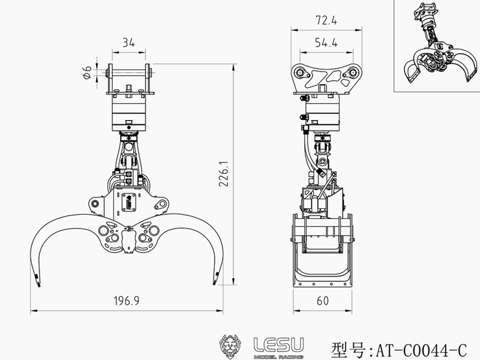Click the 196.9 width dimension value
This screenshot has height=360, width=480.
[x=126, y=301]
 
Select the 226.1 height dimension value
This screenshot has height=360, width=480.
[x=223, y=174]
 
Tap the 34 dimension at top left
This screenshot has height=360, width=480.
[x=127, y=42]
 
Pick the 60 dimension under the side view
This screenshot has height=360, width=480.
[x=322, y=301]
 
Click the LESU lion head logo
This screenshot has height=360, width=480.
[x=232, y=347]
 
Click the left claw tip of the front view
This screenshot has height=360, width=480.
[x=37, y=279]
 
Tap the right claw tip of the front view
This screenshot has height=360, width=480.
[x=215, y=279]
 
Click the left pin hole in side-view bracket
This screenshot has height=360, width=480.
[x=298, y=73]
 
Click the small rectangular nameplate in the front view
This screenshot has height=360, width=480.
[x=127, y=202]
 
